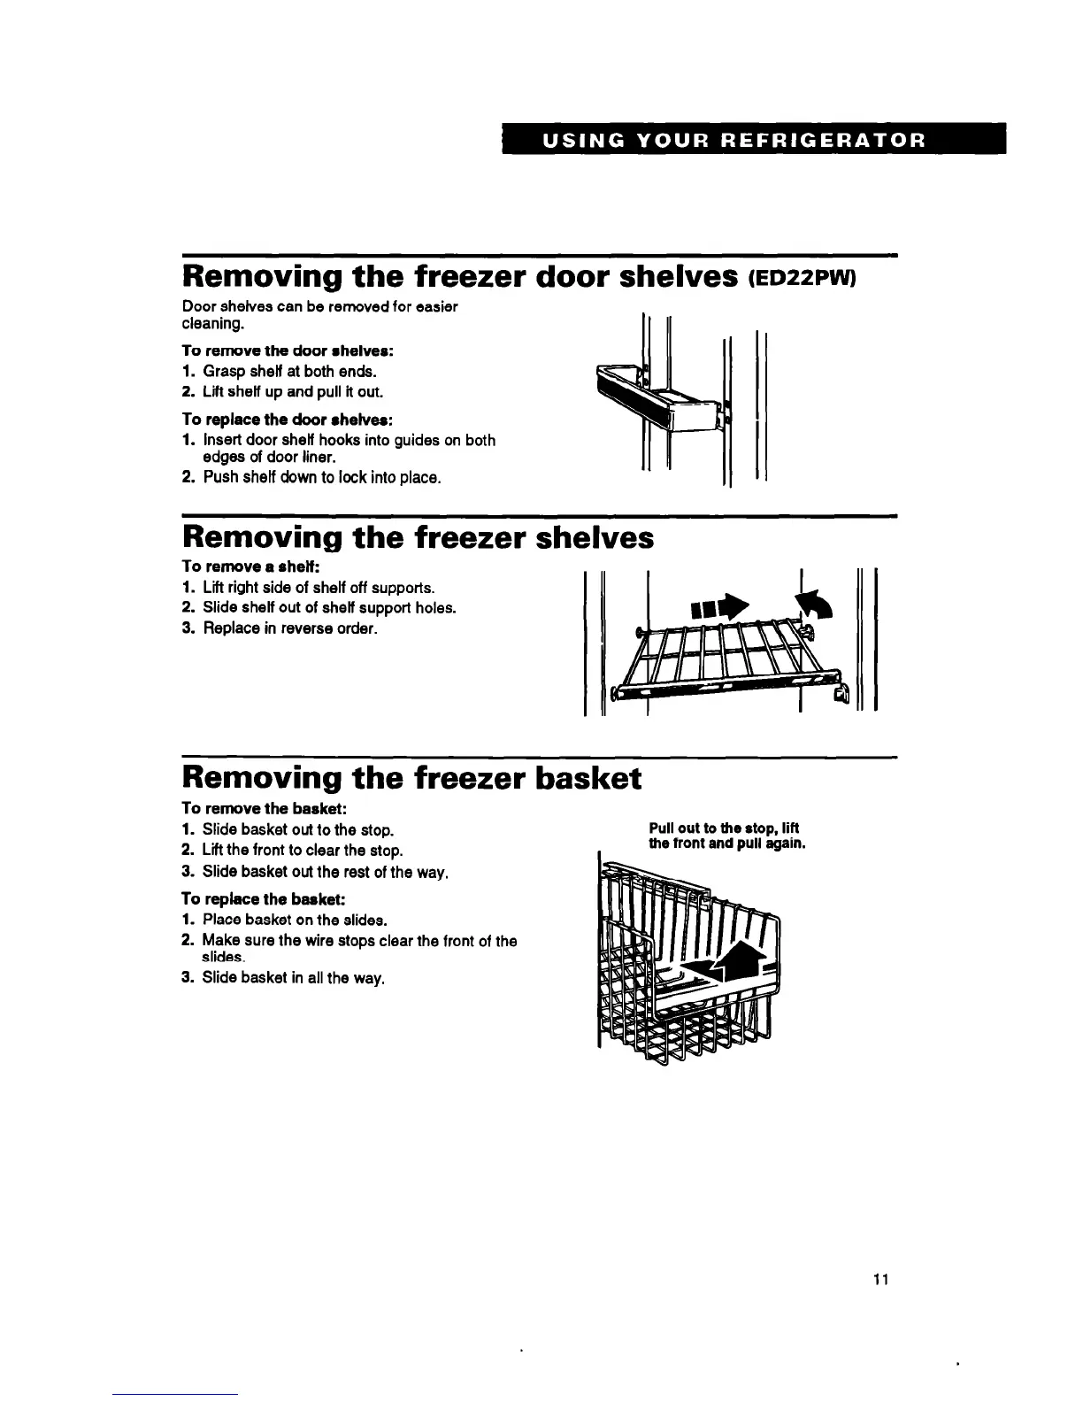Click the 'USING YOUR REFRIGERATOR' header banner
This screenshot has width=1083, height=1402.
click(754, 140)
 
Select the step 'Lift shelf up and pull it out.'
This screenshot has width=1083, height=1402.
click(281, 391)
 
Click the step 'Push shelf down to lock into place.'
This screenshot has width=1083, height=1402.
click(321, 478)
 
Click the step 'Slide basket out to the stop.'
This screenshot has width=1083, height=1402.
click(297, 830)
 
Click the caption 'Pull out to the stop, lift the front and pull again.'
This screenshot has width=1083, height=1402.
click(726, 836)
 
